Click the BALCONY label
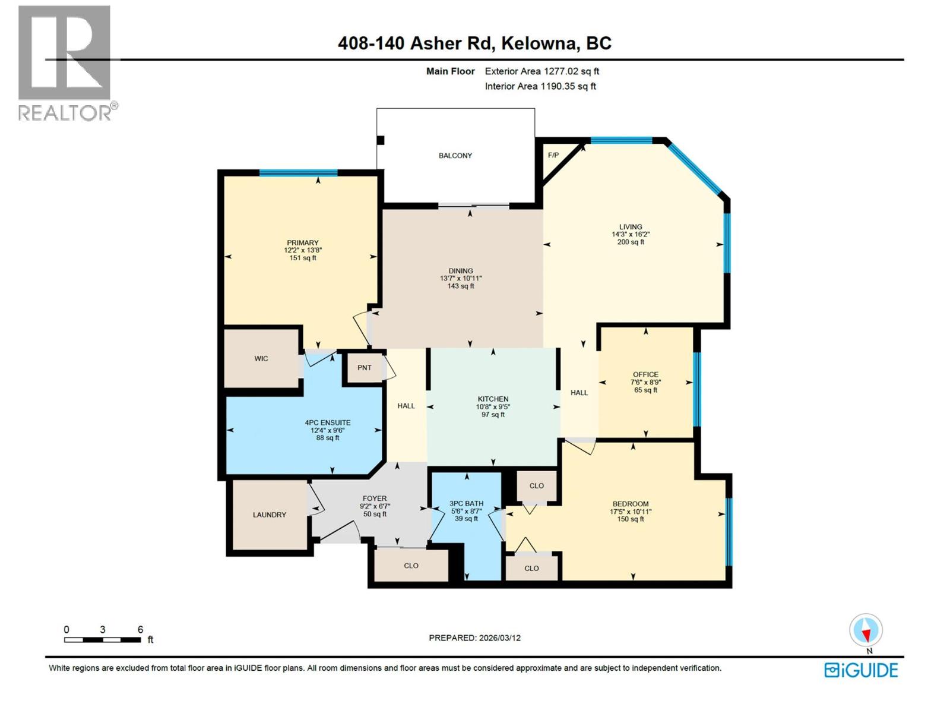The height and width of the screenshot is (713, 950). click(x=455, y=156)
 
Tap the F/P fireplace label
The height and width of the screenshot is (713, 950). click(x=553, y=155)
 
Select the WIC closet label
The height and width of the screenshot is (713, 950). click(x=261, y=359)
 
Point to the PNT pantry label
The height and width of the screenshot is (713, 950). click(x=364, y=368)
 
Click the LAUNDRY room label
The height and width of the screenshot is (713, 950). click(x=270, y=515)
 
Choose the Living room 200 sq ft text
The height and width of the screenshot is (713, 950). click(x=631, y=242)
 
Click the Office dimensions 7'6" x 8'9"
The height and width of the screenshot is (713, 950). click(x=645, y=383)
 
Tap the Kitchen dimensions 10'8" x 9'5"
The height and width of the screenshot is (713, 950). click(x=493, y=407)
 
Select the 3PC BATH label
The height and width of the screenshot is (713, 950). click(x=466, y=504)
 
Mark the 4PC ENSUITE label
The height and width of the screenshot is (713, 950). click(x=328, y=423)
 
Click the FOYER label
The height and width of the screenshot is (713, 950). click(x=375, y=499)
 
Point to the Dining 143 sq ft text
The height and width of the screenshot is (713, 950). click(x=461, y=286)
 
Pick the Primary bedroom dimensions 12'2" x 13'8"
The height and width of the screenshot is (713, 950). click(x=303, y=251)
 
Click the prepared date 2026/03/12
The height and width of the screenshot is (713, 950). click(x=499, y=638)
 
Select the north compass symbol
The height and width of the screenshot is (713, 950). click(x=866, y=631)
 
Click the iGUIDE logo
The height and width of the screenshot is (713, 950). click(x=861, y=670)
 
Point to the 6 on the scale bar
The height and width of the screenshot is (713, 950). click(x=140, y=630)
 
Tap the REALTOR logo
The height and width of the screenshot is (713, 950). click(x=65, y=62)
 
